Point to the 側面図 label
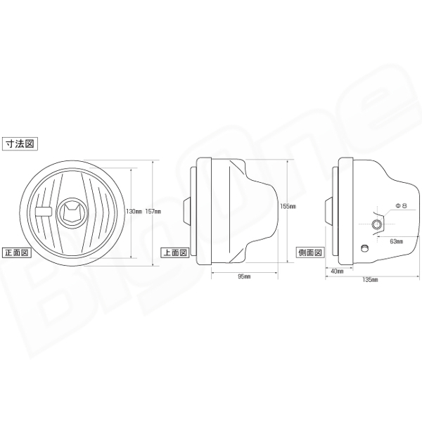click(x=310, y=252)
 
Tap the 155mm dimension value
click(x=287, y=207)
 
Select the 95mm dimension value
click(x=243, y=276)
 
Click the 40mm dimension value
click(x=335, y=270)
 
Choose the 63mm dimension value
click(x=395, y=241)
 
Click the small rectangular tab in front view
click(x=43, y=210)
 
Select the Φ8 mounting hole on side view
click(x=378, y=224)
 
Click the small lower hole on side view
click(x=364, y=248)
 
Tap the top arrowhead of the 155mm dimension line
click(x=287, y=161)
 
